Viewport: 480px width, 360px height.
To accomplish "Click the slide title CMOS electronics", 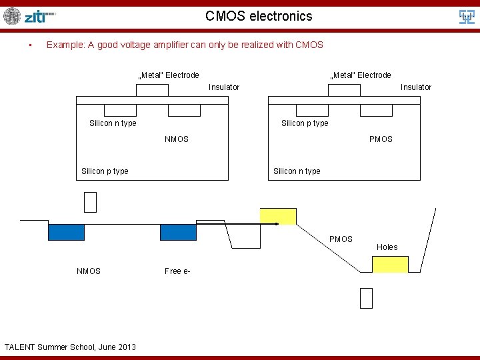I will pyautogui.click(x=259, y=16).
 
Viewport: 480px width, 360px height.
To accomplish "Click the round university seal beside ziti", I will pyautogui.click(x=12, y=16).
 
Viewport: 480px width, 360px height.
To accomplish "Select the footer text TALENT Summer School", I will pyautogui.click(x=70, y=347).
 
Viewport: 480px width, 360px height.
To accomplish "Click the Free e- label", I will pyautogui.click(x=177, y=271).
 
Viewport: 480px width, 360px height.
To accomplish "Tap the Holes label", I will pyautogui.click(x=387, y=247).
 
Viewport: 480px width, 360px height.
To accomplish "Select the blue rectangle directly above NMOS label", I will pyautogui.click(x=66, y=231).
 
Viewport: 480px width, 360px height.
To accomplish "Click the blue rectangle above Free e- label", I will pyautogui.click(x=178, y=231).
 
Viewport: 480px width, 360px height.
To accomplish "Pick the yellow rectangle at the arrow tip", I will pyautogui.click(x=277, y=217).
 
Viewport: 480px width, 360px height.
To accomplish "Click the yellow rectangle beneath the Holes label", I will pyautogui.click(x=390, y=265).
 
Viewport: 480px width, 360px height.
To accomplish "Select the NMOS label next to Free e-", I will pyautogui.click(x=89, y=271).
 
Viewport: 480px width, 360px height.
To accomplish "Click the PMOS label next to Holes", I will pyautogui.click(x=341, y=239).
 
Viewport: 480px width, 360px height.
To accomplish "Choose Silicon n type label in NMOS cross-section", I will pyautogui.click(x=113, y=123).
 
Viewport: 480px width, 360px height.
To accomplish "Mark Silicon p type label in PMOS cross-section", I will pyautogui.click(x=305, y=123).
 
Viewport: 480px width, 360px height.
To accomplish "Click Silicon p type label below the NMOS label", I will pyautogui.click(x=105, y=171).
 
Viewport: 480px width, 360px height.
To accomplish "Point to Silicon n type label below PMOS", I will pyautogui.click(x=297, y=171).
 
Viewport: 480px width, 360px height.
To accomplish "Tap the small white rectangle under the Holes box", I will pyautogui.click(x=366, y=298).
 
